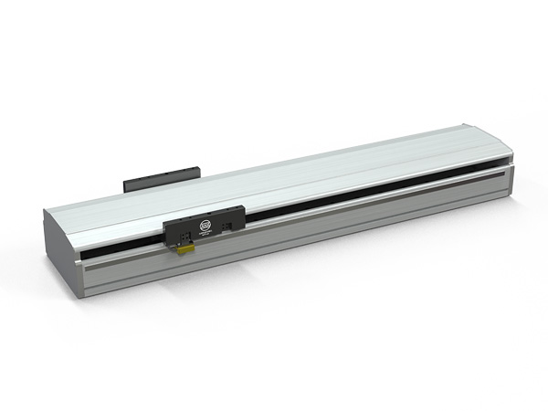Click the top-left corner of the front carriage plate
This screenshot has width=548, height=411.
coord(163,224)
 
